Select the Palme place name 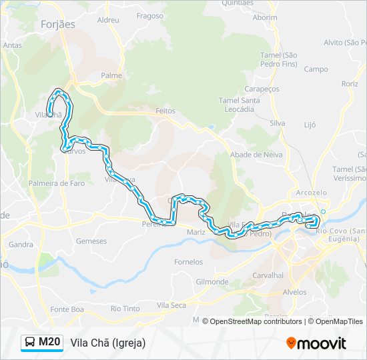click(111, 75)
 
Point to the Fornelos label click(188, 262)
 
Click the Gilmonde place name click(212, 282)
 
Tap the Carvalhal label click(268, 275)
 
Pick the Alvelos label click(294, 292)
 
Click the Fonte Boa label click(67, 309)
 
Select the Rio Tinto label click(125, 309)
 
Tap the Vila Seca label click(171, 305)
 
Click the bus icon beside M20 click(30, 343)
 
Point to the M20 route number click(49, 343)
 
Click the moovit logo click(316, 343)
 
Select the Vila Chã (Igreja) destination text click(107, 343)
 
